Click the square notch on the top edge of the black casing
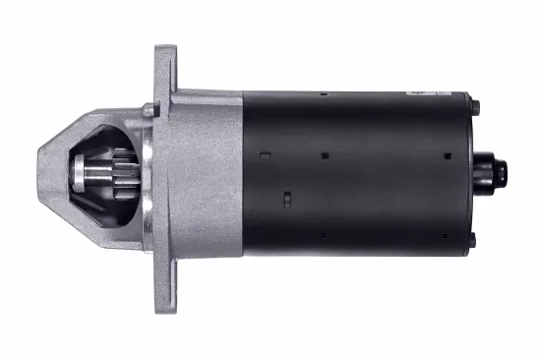[323, 94]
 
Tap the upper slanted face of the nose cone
[89, 123]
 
